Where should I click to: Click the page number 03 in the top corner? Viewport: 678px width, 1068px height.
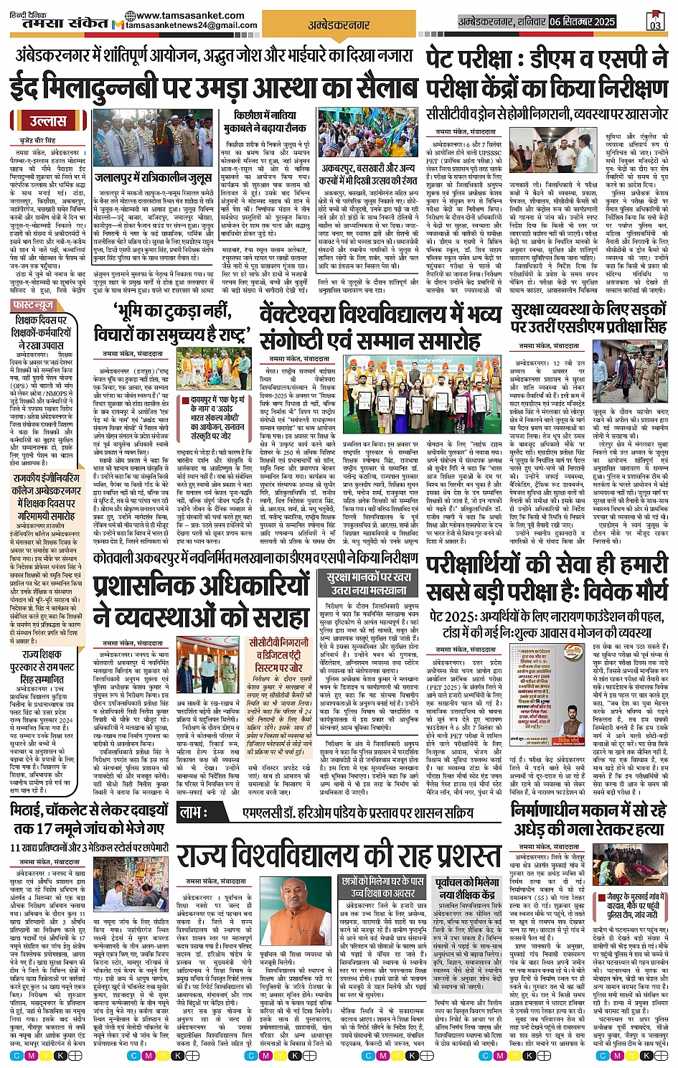(655, 22)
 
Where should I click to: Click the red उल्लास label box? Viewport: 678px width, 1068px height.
(48, 122)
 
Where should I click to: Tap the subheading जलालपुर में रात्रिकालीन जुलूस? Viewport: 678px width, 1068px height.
(154, 178)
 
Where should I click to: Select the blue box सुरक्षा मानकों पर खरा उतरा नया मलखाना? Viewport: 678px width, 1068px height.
(368, 584)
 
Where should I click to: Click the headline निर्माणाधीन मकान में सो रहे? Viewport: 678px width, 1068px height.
(588, 820)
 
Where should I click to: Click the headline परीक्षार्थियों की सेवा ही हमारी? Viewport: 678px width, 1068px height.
(547, 578)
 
